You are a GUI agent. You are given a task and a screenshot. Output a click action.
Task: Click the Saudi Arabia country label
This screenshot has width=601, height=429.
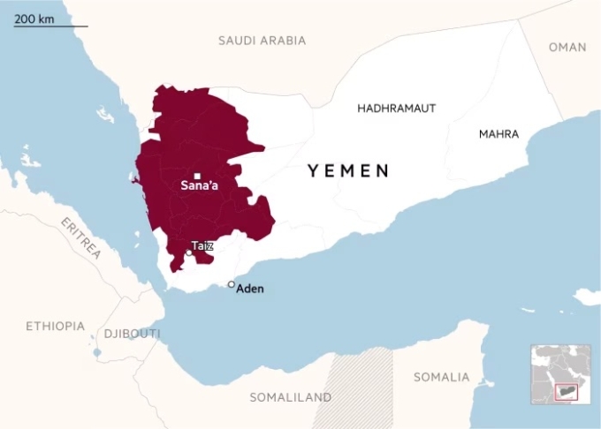262,41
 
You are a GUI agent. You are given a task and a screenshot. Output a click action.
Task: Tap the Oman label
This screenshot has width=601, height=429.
567,48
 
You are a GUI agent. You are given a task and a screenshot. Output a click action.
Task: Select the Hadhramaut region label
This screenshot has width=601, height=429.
396,108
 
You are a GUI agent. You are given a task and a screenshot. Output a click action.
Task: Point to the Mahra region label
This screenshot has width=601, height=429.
498,134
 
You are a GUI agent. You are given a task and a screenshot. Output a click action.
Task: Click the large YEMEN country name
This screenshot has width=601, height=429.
348,171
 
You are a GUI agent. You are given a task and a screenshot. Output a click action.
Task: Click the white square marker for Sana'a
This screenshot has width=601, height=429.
198,176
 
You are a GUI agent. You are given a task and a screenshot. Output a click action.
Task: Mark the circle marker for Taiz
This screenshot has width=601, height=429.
189,253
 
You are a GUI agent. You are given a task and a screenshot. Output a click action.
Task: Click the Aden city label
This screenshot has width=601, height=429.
250,289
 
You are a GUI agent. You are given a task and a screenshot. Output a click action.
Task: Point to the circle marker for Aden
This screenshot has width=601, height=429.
232,284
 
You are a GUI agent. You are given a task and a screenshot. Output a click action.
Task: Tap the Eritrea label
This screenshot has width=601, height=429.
81,237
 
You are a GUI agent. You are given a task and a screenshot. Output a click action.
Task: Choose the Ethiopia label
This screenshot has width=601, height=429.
55,327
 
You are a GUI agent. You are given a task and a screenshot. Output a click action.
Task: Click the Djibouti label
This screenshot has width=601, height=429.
132,334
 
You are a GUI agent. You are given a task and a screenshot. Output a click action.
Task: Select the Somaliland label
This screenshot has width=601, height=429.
291,397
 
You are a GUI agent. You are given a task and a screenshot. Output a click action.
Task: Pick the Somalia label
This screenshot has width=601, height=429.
441,377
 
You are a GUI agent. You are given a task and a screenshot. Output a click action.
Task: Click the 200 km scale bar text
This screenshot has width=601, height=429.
34,19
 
